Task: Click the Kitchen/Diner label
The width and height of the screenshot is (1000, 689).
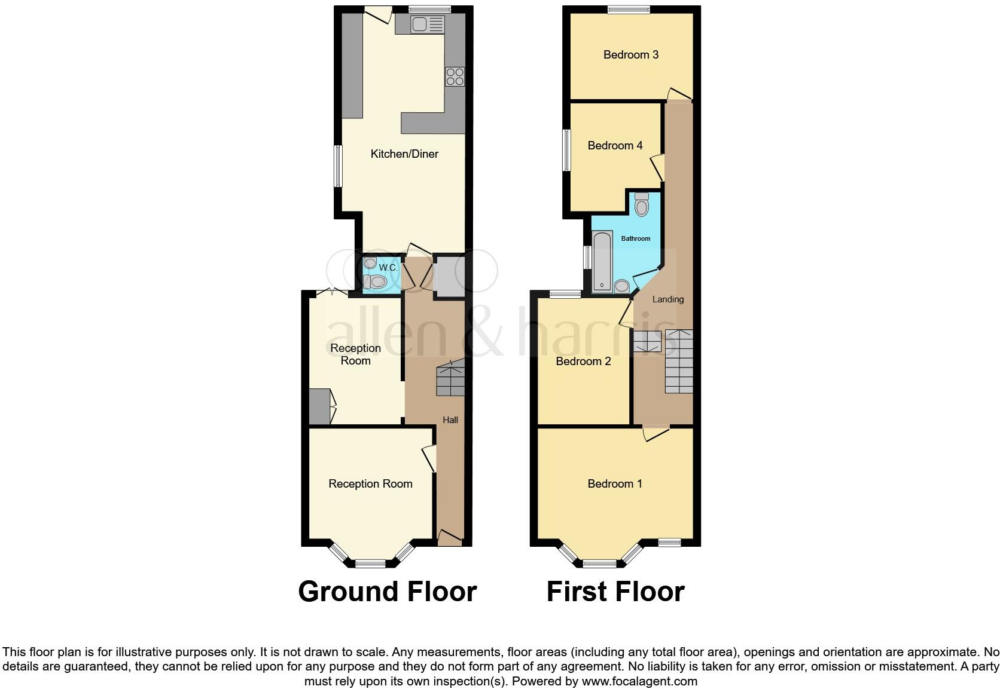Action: (404, 154)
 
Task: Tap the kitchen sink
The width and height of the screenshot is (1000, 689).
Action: (427, 25)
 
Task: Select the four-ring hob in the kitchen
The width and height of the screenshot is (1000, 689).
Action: (455, 77)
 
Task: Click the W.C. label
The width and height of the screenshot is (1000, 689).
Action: (388, 268)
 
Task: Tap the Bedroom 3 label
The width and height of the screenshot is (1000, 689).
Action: (630, 55)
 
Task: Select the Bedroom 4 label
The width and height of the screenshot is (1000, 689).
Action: (615, 146)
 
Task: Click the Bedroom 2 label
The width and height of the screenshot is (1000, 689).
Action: (583, 361)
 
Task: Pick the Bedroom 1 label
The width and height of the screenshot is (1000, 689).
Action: (615, 483)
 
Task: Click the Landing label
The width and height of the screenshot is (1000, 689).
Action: (667, 299)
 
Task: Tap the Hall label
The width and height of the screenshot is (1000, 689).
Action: (450, 420)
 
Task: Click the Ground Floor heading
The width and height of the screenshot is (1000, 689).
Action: (388, 592)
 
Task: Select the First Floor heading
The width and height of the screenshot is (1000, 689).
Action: (615, 592)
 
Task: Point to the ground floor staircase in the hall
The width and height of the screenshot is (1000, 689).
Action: (450, 379)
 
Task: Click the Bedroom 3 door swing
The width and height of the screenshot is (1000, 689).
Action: (678, 94)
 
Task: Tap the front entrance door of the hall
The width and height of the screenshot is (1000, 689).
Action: (450, 537)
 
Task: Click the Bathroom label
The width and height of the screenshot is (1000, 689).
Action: (635, 238)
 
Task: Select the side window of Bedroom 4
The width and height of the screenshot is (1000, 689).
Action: (565, 151)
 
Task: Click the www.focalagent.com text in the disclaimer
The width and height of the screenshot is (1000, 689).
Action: (639, 681)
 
